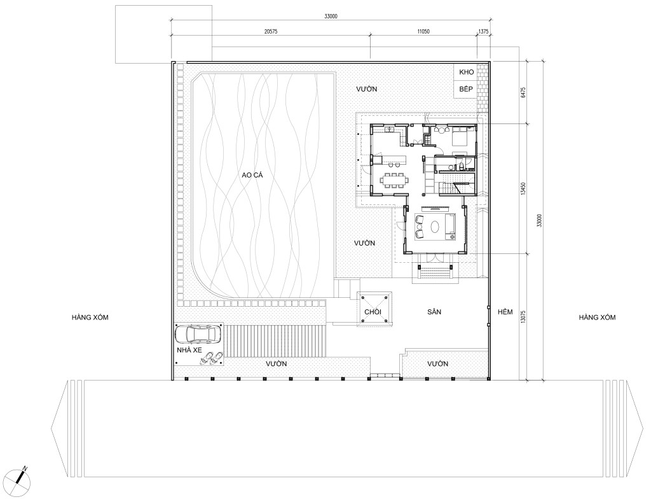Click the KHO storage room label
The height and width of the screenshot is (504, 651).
466,73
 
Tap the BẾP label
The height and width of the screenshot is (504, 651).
466,89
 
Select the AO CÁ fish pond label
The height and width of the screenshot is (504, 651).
252,176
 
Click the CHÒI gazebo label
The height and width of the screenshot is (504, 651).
373,312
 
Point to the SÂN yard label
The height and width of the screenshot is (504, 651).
434,312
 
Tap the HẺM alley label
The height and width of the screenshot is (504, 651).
505,312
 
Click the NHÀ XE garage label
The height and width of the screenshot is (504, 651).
189,350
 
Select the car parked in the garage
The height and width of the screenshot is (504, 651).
198,335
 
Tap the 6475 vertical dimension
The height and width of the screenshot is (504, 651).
523,92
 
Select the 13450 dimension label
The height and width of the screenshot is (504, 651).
523,189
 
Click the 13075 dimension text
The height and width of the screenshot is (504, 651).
523,317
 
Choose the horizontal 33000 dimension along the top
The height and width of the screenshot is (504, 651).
331,17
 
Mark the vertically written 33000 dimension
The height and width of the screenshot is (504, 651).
539,221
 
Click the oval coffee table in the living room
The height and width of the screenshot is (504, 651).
435,227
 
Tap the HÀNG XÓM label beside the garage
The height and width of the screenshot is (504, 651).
90,318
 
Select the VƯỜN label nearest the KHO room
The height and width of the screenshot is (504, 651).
367,89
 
